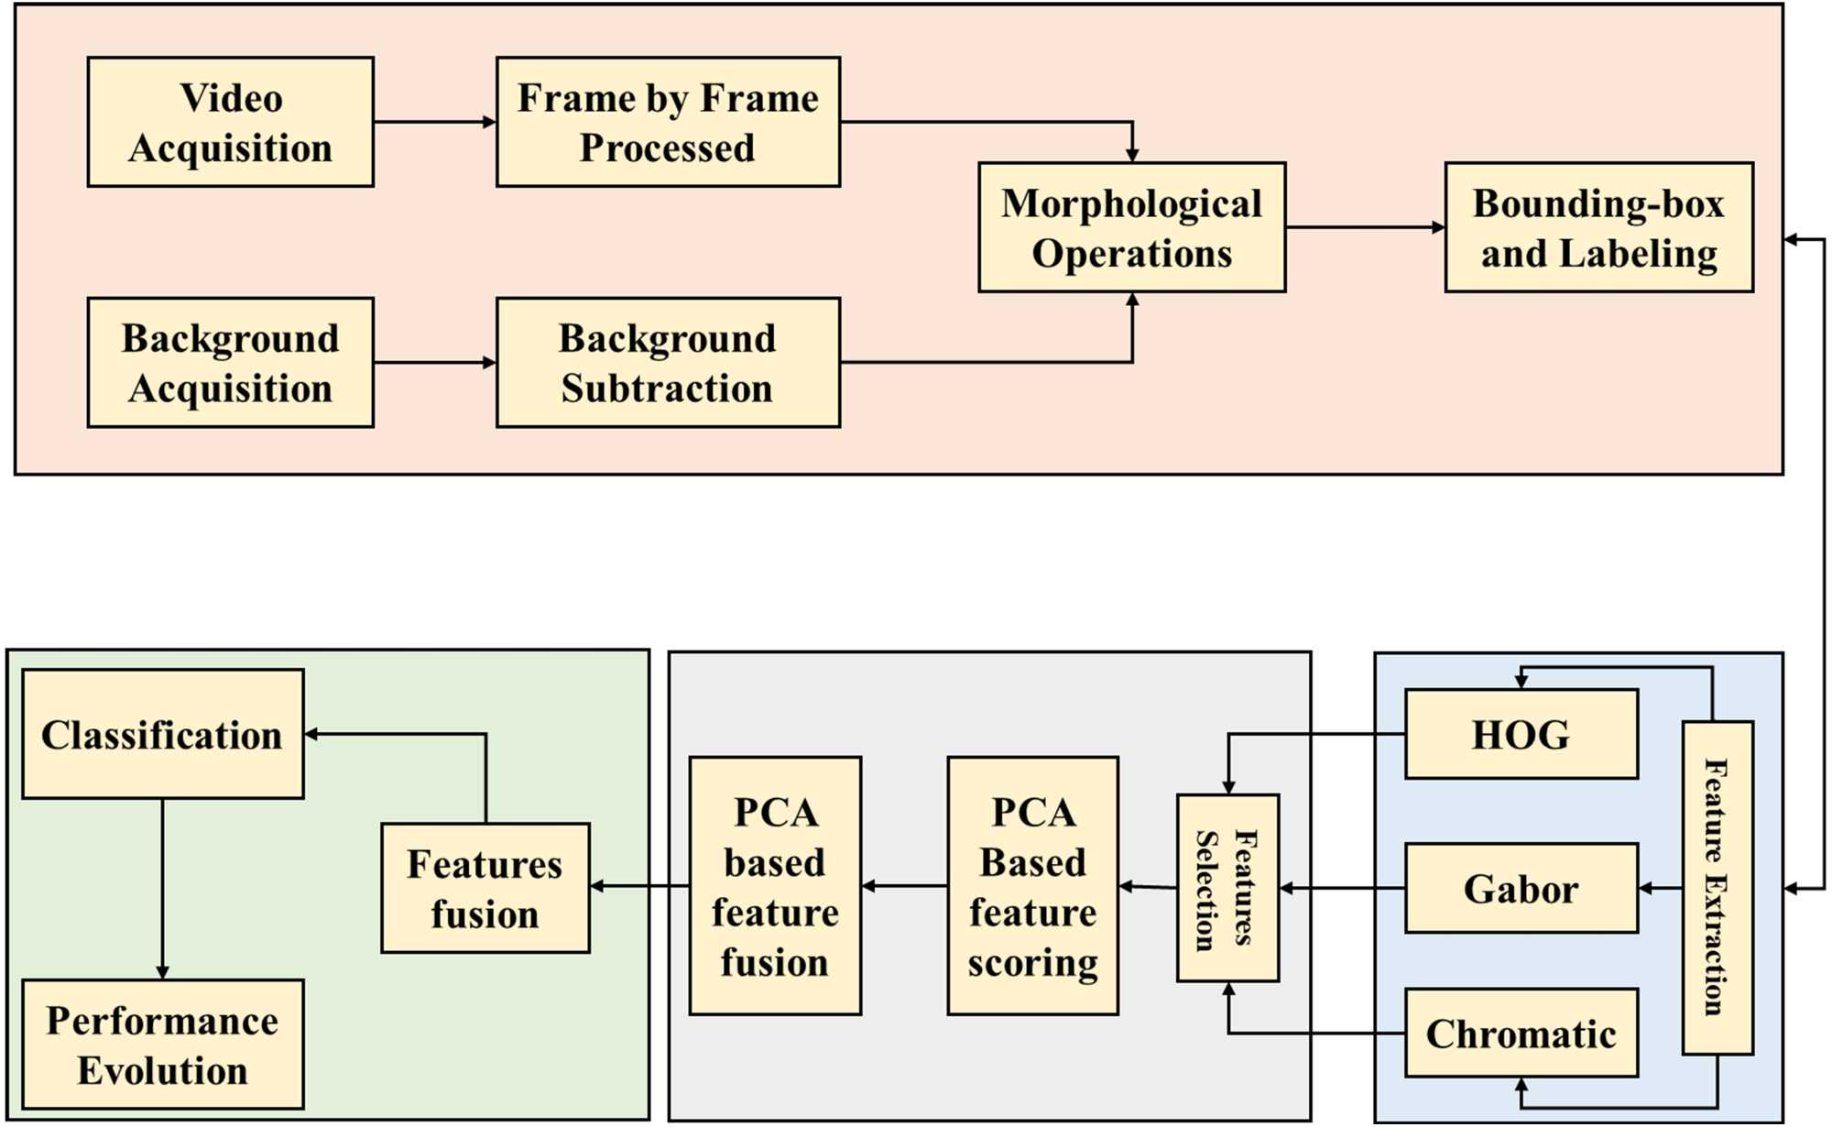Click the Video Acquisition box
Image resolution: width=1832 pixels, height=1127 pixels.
click(x=230, y=122)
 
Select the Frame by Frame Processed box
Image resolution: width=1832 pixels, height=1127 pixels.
click(x=668, y=122)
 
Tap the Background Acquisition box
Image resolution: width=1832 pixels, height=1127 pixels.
click(x=230, y=362)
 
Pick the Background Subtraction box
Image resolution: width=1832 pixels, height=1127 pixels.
click(x=668, y=362)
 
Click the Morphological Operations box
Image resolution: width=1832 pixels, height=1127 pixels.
click(x=1131, y=227)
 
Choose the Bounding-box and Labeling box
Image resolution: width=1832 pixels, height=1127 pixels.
click(x=1598, y=227)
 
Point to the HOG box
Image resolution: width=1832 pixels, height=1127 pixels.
click(x=1521, y=734)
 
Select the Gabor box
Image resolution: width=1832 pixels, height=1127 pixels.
click(x=1521, y=888)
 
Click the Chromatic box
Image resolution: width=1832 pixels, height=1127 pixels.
click(x=1521, y=1033)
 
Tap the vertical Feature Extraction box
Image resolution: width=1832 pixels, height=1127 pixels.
click(x=1717, y=887)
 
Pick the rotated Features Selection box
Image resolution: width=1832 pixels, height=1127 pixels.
click(x=1227, y=888)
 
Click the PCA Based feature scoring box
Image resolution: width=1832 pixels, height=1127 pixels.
click(x=1032, y=885)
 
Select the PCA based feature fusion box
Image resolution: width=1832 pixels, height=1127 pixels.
click(x=775, y=885)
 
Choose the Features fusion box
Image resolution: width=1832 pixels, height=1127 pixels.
click(x=485, y=888)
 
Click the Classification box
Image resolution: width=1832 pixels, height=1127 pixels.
click(x=162, y=734)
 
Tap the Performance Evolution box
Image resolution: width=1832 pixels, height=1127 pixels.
click(x=162, y=1045)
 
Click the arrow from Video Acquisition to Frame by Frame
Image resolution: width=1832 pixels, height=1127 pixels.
click(x=434, y=122)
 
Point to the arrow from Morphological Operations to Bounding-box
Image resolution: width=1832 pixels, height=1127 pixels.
click(x=1364, y=227)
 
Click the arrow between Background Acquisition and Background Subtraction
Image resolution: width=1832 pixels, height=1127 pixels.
click(x=434, y=362)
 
